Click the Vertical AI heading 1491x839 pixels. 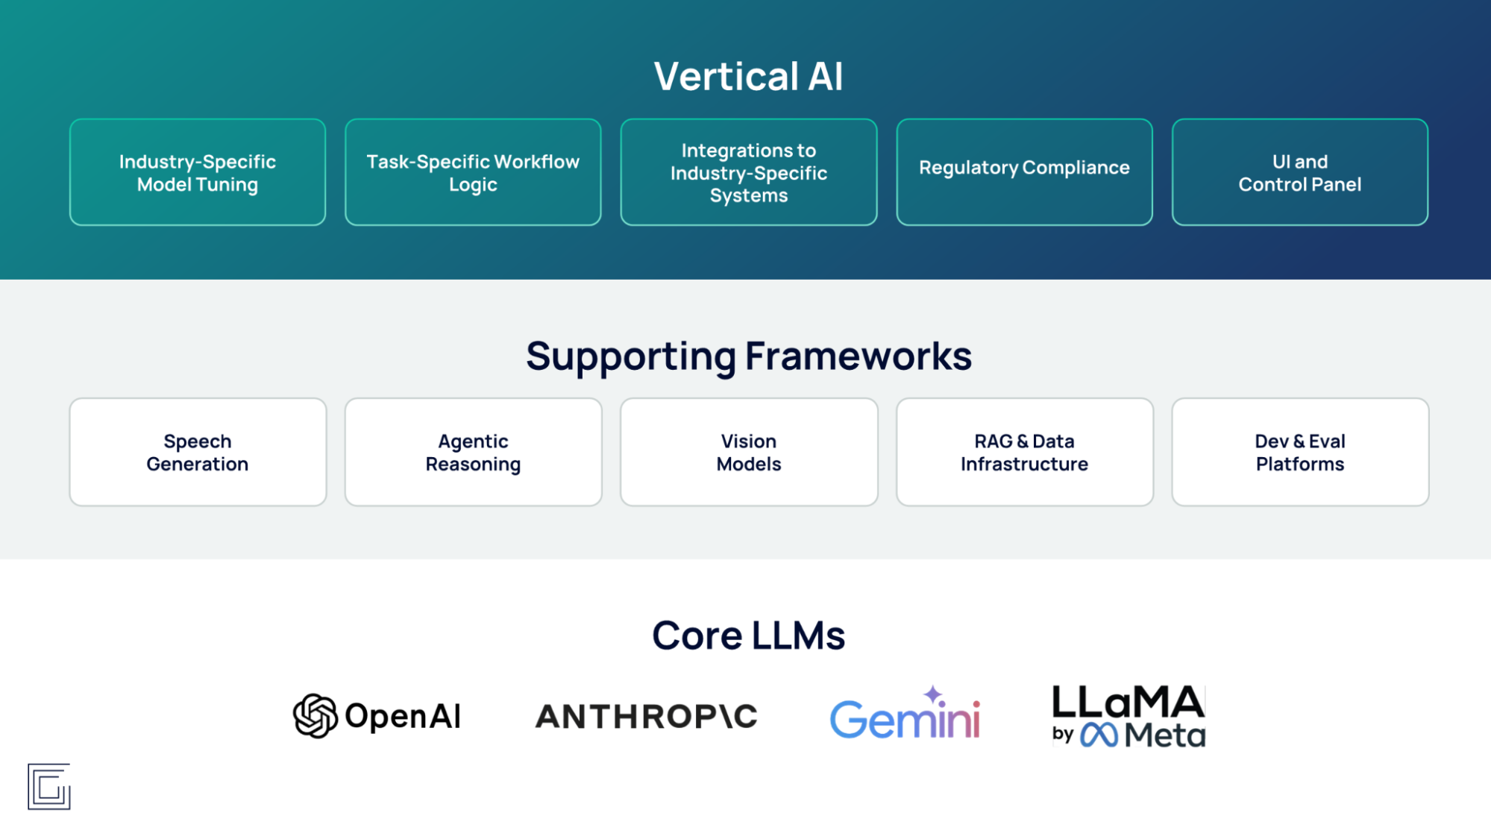tap(748, 77)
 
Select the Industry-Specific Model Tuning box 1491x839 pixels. tap(198, 172)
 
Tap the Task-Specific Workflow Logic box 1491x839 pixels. tap(473, 172)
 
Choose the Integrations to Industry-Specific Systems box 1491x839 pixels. tap(748, 172)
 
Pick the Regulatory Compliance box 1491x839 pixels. tap(1024, 172)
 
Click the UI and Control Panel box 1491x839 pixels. tap(1299, 172)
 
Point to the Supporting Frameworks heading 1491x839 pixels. tap(748, 356)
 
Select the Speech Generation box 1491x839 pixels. tap(198, 452)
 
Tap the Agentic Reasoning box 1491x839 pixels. tap(473, 452)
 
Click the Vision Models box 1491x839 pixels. tap(748, 452)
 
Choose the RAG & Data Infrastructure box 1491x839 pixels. tap(1024, 452)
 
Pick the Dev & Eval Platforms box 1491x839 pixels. tap(1299, 452)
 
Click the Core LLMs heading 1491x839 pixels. tap(748, 635)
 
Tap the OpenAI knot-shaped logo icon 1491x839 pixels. tap(315, 716)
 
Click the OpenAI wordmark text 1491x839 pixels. tap(403, 716)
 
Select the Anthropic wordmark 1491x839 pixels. tap(646, 717)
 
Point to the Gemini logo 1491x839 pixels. tap(905, 719)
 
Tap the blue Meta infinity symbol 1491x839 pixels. tap(1099, 735)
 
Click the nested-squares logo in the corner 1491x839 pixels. tap(49, 786)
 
